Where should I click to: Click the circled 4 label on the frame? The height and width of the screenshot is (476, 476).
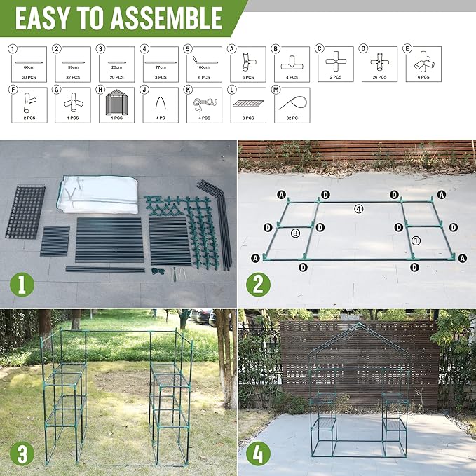[x=358, y=208]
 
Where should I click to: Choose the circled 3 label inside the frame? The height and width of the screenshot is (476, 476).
[x=296, y=233]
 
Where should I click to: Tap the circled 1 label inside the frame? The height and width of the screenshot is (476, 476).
[x=415, y=239]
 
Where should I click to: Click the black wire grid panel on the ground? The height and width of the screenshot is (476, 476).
[x=25, y=210]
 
